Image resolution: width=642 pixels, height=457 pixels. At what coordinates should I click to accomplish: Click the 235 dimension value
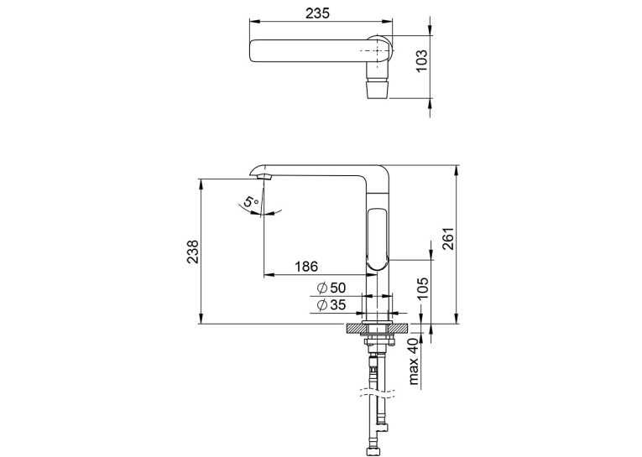(317, 13)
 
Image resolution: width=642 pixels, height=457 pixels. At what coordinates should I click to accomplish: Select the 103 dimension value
(421, 60)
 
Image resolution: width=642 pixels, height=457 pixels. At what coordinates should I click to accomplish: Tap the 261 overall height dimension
(448, 238)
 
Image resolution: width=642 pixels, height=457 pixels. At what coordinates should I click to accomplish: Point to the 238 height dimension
(192, 252)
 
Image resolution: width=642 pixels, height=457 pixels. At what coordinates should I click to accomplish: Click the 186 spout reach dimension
(306, 267)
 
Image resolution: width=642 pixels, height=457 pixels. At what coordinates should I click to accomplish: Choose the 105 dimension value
(423, 288)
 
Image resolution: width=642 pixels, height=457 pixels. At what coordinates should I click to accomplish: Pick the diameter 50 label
(331, 288)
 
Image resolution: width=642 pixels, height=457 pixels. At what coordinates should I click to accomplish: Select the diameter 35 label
(331, 304)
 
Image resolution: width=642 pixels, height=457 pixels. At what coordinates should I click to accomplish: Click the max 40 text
(414, 361)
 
